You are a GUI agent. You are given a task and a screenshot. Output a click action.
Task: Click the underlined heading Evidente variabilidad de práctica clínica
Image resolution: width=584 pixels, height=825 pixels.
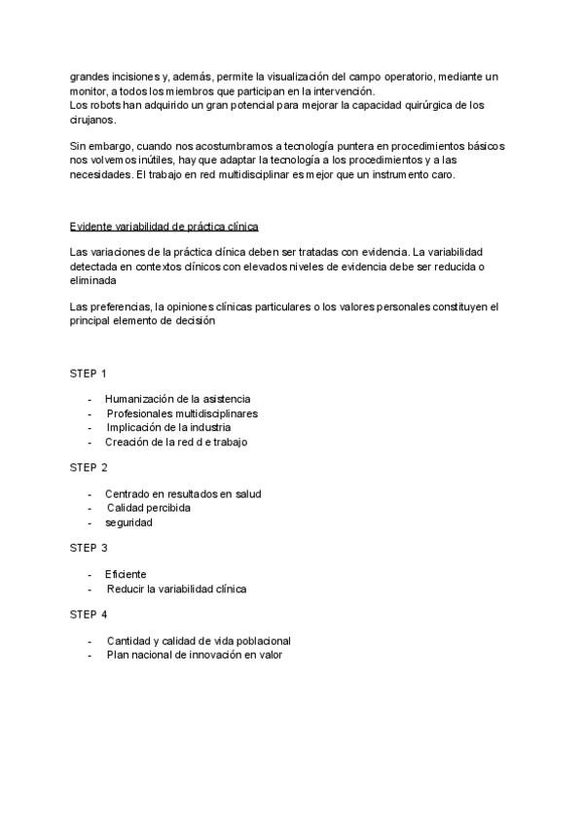tap(164, 227)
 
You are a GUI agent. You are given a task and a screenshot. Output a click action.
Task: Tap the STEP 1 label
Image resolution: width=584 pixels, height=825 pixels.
tap(89, 374)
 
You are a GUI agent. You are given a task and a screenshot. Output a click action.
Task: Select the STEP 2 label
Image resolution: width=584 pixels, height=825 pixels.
tap(89, 468)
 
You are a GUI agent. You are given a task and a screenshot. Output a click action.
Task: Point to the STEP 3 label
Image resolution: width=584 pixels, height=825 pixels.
tap(89, 549)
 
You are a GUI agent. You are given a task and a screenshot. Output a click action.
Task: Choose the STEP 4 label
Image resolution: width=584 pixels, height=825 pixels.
tap(89, 615)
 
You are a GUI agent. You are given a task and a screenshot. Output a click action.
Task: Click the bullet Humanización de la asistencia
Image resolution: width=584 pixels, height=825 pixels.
tap(177, 399)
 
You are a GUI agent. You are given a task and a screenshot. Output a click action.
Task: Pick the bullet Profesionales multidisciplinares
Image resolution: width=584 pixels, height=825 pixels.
tap(182, 413)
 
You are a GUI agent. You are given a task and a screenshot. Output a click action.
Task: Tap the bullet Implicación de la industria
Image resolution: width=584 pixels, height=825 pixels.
tap(168, 427)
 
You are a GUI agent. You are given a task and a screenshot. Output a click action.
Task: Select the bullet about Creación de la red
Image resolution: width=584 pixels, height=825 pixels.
tap(176, 442)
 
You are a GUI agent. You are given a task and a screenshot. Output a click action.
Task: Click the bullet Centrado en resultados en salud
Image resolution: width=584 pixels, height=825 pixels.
tap(183, 493)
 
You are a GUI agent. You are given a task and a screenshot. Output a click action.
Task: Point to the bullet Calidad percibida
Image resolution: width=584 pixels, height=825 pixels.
tap(148, 508)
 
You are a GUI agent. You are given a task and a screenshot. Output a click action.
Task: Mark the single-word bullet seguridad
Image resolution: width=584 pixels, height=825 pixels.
tap(128, 522)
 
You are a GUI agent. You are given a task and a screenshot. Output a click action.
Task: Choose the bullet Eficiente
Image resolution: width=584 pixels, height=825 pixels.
tap(126, 574)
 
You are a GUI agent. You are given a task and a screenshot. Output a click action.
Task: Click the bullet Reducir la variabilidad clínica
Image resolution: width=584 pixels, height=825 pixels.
tap(176, 589)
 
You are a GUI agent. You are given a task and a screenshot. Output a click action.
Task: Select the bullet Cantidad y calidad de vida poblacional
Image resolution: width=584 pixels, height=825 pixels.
tap(199, 641)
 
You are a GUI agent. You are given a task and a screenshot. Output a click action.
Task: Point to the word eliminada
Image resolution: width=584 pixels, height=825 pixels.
tap(94, 279)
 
